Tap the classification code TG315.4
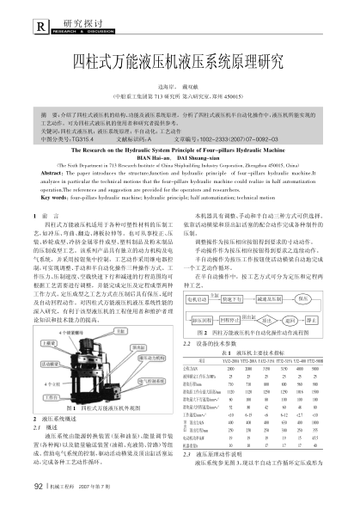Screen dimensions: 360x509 84,138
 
